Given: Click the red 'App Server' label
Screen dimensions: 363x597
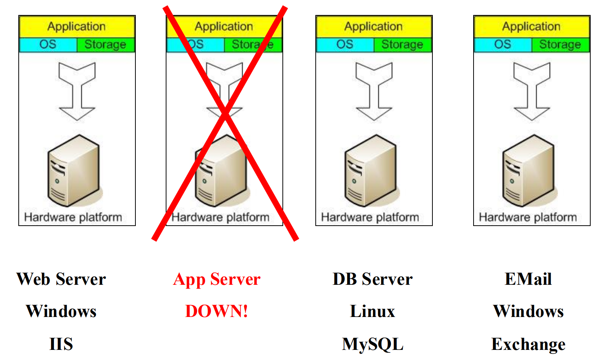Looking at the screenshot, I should pos(217,280).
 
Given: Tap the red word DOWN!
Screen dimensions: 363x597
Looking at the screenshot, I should pos(217,311).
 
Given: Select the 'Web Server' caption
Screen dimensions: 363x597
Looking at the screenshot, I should pos(61,280).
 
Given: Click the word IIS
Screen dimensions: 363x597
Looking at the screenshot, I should pos(61,344).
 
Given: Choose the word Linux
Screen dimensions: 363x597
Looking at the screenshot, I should pos(373,311).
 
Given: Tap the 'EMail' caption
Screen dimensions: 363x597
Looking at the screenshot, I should pos(528,280).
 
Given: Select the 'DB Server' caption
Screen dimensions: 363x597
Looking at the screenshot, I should pos(373,280).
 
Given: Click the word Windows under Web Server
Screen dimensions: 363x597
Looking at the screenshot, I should pos(61,311).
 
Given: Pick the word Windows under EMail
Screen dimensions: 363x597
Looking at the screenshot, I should pos(528,311).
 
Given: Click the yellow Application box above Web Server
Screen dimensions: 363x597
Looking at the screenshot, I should pos(77,27).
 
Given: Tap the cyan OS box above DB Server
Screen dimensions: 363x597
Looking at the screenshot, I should pos(345,45).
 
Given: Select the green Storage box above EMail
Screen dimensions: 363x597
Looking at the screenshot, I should pos(560,45).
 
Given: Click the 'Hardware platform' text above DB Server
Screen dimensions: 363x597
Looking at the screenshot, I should pos(370,217).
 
